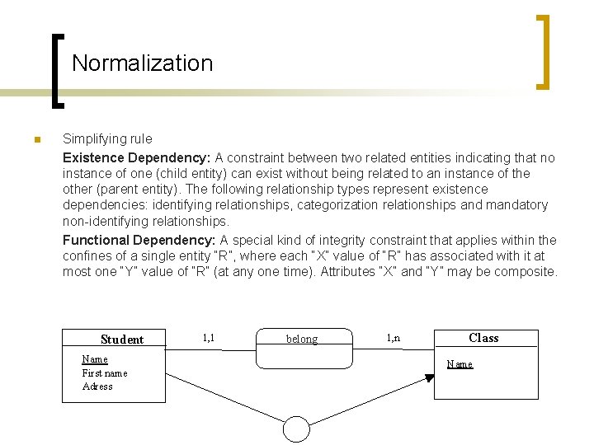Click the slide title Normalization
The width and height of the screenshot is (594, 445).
(x=142, y=63)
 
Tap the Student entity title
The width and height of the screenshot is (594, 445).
(x=121, y=340)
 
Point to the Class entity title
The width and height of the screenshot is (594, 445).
(x=483, y=338)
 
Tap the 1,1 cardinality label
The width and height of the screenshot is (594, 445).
(x=208, y=337)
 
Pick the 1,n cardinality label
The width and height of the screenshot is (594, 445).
(x=394, y=337)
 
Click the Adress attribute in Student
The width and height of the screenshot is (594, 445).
(x=97, y=386)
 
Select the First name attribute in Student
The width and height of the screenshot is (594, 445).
(x=105, y=373)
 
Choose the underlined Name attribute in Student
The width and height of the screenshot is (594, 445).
(x=95, y=359)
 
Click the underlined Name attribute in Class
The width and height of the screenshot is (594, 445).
(x=460, y=364)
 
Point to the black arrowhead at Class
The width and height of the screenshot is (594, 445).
(x=429, y=378)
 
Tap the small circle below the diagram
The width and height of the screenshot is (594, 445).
(x=296, y=429)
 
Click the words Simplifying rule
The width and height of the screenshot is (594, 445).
(x=107, y=139)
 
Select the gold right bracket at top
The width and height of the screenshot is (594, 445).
(x=543, y=51)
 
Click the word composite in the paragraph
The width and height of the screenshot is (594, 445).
(x=528, y=272)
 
